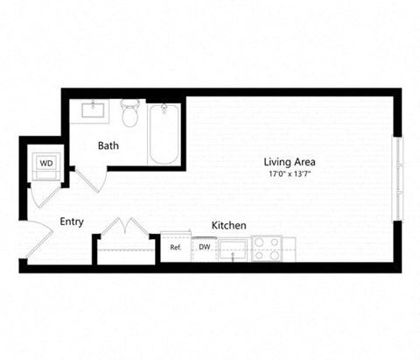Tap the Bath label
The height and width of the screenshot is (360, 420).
click(108, 145)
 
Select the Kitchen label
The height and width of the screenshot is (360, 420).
click(228, 225)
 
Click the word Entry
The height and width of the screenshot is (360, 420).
click(72, 222)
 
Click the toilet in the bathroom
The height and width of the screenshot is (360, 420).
click(130, 114)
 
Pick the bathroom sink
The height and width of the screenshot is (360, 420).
click(94, 110)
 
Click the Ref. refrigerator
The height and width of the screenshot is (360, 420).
click(175, 248)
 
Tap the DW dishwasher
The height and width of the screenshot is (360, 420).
click(203, 248)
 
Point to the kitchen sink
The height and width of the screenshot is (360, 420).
click(232, 249)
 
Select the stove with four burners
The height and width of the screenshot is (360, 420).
click(266, 249)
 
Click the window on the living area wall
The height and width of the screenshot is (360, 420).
click(398, 180)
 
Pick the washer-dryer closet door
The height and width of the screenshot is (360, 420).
click(39, 194)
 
